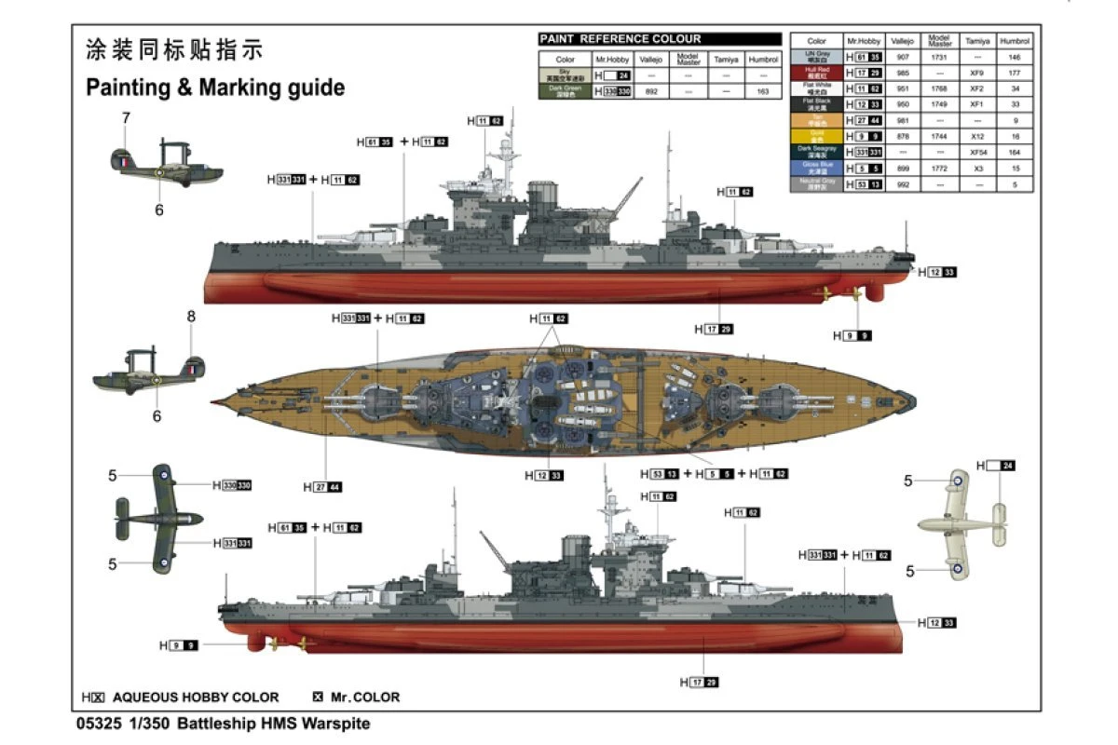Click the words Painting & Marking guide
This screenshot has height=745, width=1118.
215,88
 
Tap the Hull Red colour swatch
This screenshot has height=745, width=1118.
816,72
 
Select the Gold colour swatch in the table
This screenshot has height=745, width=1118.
816,136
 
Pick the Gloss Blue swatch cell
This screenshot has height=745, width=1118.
816,169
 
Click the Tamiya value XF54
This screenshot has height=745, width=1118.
977,153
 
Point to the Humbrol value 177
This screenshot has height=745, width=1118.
1015,73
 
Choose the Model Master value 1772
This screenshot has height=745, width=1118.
939,169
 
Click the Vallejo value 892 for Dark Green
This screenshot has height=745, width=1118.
651,91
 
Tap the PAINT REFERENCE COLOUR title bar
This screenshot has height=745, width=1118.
660,39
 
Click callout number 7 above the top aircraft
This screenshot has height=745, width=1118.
126,118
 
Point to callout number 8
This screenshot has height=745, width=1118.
191,317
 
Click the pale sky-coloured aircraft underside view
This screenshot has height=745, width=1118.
959,525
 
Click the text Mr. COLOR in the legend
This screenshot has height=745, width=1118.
362,697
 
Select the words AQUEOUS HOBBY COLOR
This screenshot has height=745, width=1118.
196,697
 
